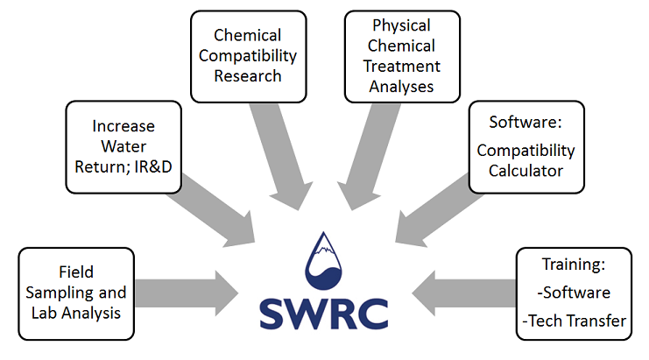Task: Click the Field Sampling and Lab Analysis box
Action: [76, 293]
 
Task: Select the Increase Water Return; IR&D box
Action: [123, 146]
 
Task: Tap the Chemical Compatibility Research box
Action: [249, 56]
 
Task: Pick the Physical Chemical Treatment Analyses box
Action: [401, 55]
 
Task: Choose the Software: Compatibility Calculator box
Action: [526, 146]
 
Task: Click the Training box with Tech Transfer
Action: [573, 293]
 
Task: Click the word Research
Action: [249, 76]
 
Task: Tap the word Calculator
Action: [526, 171]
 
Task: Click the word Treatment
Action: [401, 66]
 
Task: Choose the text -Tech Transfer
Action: [574, 321]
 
